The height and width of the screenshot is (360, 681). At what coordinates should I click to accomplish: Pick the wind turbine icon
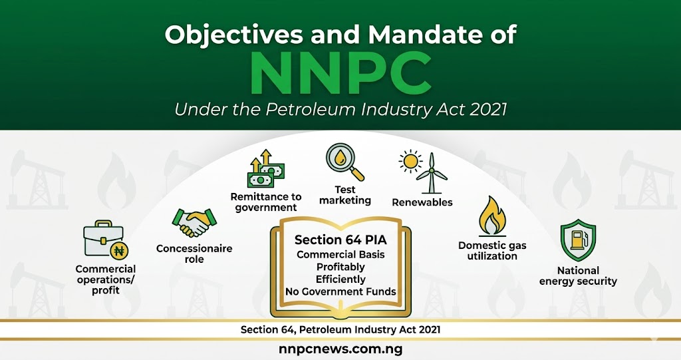[432, 174]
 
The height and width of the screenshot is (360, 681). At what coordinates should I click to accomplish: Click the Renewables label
[422, 202]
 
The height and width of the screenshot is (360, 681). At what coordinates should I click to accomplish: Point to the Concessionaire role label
[194, 254]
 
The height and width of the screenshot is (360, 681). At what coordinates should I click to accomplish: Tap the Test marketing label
[345, 195]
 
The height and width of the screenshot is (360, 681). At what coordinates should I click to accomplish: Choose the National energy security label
[578, 275]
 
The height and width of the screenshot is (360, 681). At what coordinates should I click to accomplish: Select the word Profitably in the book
[340, 267]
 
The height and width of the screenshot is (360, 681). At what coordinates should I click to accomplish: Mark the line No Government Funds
[340, 291]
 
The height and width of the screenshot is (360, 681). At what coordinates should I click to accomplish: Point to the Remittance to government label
[265, 202]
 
